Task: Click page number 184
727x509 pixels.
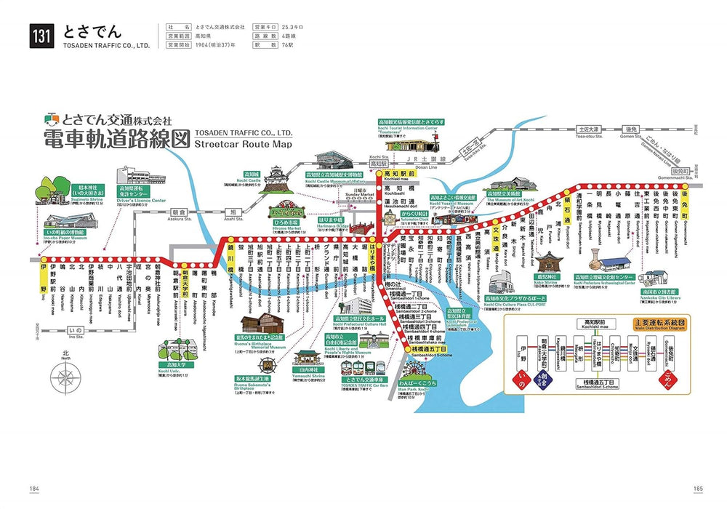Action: pos(33,488)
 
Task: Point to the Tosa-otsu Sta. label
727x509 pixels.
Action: pos(585,135)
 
